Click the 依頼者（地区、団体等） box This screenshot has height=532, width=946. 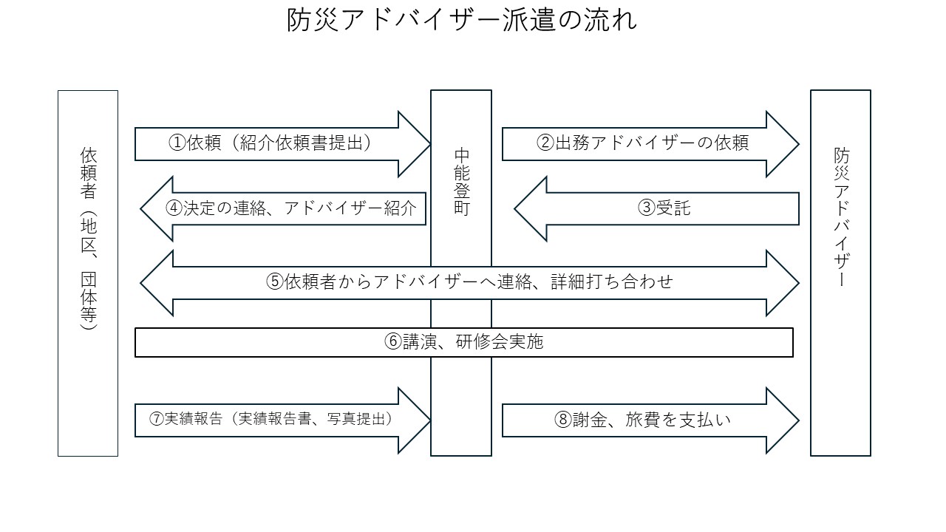point(88,273)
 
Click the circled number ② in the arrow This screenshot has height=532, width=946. point(545,144)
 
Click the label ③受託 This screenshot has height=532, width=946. point(664,208)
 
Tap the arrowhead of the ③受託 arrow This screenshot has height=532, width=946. point(531,209)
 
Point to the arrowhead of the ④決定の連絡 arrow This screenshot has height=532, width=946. point(156,209)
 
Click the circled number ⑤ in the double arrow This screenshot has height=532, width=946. point(273,282)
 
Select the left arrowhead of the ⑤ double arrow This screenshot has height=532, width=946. point(156,283)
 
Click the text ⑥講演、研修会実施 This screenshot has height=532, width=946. point(464,342)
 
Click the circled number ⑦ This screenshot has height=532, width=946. point(156,419)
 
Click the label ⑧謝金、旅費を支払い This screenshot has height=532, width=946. point(642,420)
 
